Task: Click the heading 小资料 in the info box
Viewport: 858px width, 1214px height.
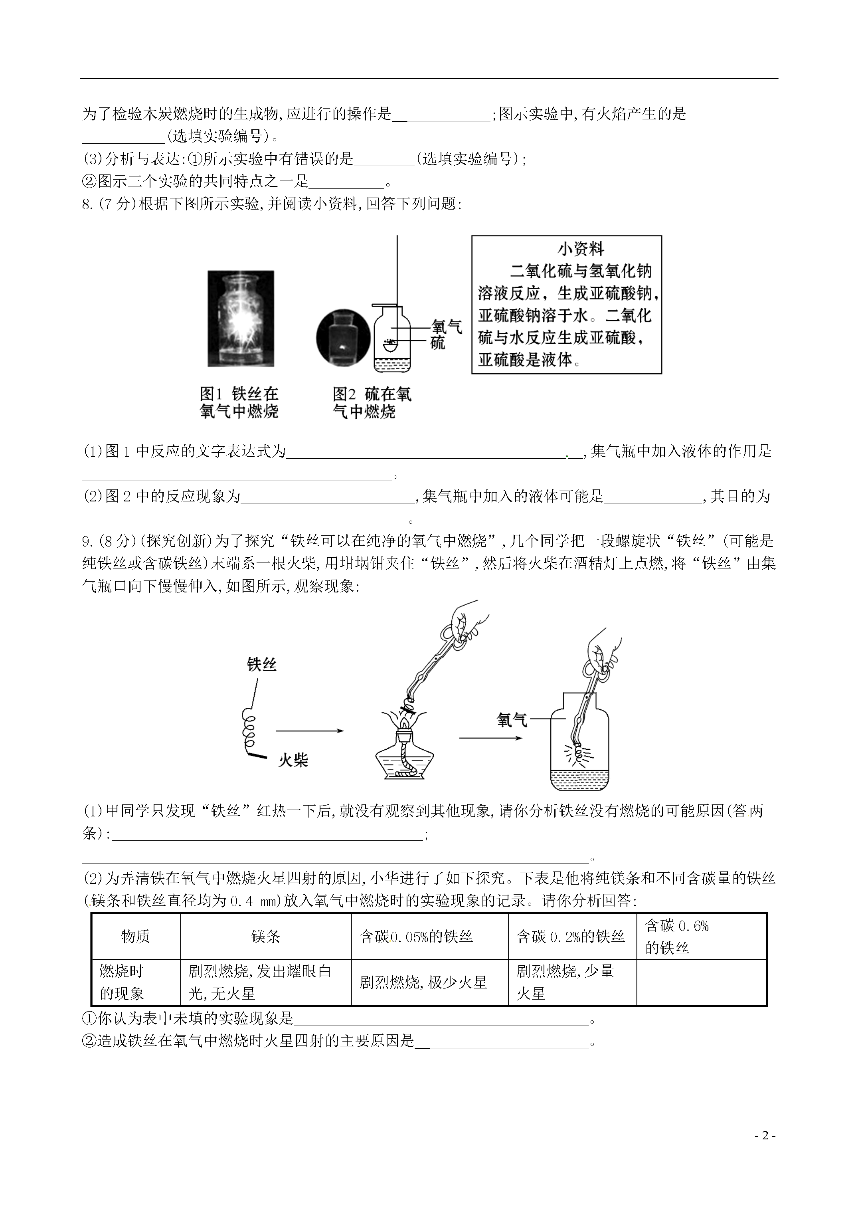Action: (x=581, y=249)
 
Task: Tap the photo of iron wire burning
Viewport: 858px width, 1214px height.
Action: (x=241, y=319)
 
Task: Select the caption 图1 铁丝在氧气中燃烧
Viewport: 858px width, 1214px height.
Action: (x=239, y=402)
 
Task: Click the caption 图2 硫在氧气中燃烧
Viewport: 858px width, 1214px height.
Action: (x=372, y=402)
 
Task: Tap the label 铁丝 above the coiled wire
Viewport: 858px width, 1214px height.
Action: (x=262, y=665)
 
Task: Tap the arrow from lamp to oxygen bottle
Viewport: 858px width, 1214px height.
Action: (x=490, y=738)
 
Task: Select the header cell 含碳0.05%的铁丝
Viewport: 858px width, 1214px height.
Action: (x=416, y=937)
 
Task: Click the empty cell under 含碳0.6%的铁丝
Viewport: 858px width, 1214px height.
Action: (x=701, y=982)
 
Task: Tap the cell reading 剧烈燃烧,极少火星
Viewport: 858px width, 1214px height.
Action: (x=423, y=982)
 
